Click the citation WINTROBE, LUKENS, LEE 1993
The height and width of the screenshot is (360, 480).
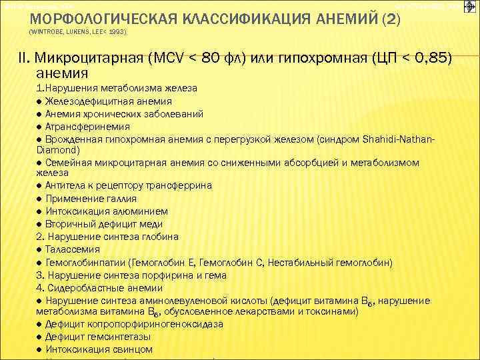(x=79, y=31)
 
